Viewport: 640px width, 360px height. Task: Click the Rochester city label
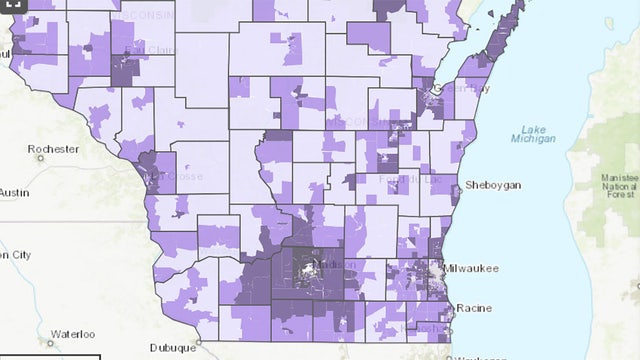53,149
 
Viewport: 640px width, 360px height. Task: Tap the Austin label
13,192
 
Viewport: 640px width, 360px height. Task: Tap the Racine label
473,308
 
